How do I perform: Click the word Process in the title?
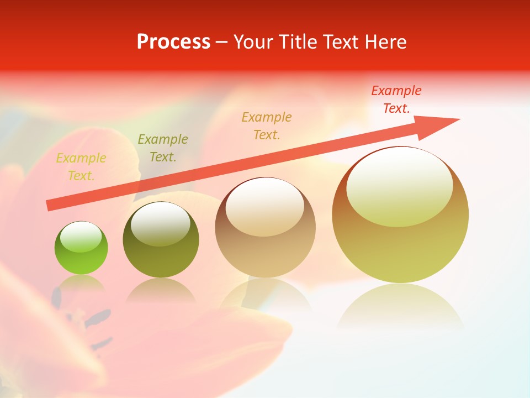[173, 42]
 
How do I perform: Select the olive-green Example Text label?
[162, 148]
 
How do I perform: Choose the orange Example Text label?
[266, 125]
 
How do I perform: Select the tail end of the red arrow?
[51, 205]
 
